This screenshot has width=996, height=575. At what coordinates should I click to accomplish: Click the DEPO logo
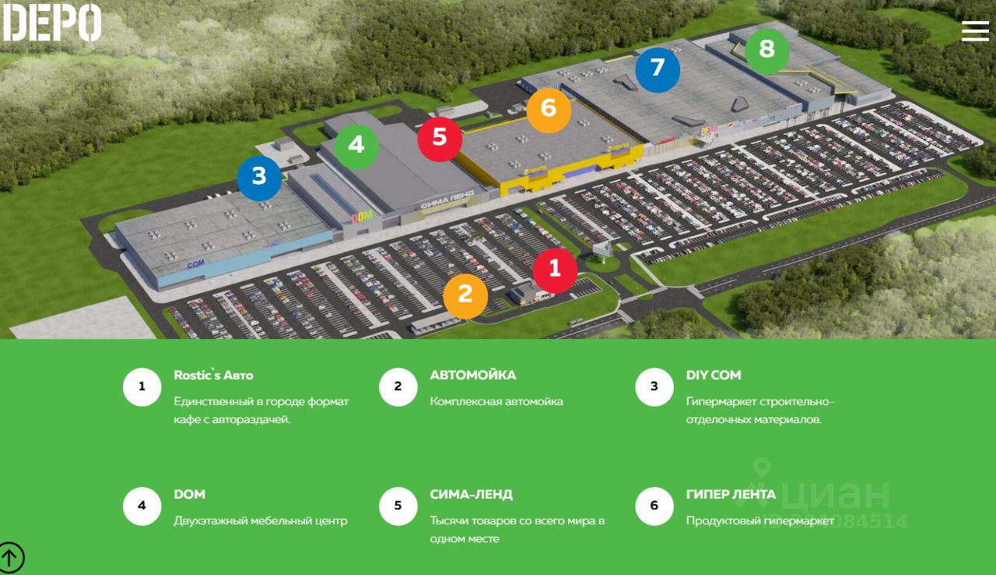coord(52,22)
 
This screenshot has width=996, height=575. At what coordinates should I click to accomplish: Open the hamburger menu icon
coord(975,30)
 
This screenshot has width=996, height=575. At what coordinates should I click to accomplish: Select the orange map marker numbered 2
coord(465,295)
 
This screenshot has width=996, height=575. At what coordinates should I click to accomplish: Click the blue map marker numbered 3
coord(259,178)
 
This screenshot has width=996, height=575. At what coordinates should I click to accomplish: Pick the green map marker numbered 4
coord(356,146)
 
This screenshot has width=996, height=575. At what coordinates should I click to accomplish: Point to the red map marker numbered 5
coord(440,138)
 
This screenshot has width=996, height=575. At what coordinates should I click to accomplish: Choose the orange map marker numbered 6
coord(549,108)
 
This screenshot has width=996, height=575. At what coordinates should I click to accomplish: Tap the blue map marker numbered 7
coord(658,69)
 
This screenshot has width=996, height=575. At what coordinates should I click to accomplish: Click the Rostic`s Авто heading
coord(213,376)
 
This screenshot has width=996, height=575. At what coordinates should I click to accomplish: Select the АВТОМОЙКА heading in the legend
coord(472,376)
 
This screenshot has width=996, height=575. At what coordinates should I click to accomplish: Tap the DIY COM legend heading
coord(714,376)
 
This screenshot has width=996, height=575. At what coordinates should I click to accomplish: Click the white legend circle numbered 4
coord(142,506)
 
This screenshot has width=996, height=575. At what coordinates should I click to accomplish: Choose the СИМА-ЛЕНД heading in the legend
coord(471,495)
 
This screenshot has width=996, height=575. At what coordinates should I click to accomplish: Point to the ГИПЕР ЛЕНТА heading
coord(731,495)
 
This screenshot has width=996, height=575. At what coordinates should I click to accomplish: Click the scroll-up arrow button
coord(10,557)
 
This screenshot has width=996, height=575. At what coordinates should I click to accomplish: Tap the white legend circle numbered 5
coord(398,506)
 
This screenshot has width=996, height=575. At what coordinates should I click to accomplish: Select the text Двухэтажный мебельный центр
coord(260,520)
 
